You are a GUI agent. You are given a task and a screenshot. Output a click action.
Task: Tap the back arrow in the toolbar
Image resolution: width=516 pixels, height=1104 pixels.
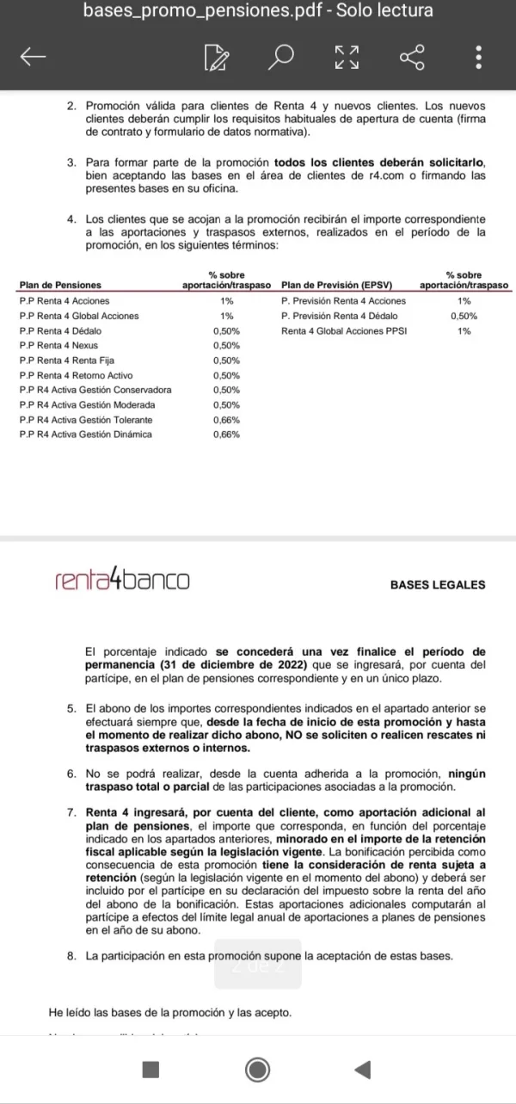point(32,58)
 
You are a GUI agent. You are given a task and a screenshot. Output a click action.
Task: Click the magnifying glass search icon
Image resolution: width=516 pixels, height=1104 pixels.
point(280,58)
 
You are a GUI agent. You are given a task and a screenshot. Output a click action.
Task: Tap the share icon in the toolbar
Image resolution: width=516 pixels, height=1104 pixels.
point(412,58)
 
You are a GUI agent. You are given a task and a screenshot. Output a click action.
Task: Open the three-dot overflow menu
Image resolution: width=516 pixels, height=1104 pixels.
point(478,58)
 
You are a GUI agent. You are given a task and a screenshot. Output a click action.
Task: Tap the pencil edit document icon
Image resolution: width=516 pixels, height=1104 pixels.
point(217,58)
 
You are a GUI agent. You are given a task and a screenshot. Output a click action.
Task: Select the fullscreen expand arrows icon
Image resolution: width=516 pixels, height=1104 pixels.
point(346,58)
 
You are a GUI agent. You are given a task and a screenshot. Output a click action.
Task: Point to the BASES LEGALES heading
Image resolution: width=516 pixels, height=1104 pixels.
point(437,585)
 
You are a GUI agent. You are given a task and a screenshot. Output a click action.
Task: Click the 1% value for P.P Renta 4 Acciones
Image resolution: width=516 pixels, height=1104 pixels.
point(226,301)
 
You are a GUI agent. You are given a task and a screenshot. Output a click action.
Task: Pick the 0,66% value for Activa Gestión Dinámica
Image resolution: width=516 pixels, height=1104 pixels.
point(226,435)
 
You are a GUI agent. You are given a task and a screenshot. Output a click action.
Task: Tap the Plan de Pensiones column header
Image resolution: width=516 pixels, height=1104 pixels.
point(60,285)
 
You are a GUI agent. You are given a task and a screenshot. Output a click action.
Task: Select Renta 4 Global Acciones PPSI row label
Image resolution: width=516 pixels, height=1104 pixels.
point(344,330)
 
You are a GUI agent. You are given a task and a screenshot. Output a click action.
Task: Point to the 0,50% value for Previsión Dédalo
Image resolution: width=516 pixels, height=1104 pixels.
point(464,316)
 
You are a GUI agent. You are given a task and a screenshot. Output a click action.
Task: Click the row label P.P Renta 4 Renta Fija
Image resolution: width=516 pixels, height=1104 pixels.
point(66,361)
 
